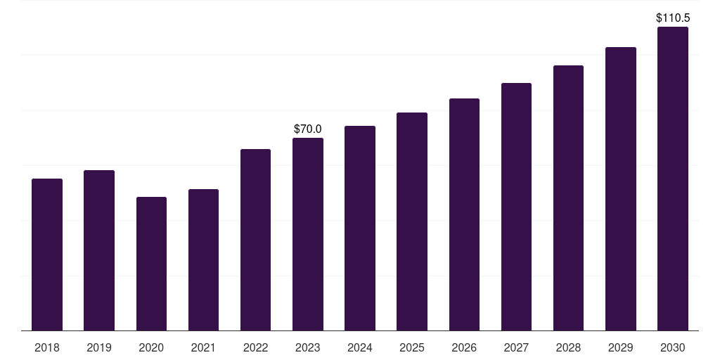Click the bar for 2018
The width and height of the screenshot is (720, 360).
tap(47, 255)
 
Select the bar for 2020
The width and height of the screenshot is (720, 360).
tap(151, 264)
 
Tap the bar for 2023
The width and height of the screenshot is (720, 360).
tap(308, 234)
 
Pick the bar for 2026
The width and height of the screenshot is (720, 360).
tap(464, 214)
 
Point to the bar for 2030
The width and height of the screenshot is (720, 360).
tap(672, 179)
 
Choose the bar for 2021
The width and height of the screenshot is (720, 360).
tap(203, 260)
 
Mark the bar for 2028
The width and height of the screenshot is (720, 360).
tap(568, 198)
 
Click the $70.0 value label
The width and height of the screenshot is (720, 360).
tap(308, 129)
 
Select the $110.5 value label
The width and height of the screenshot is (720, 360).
tap(672, 18)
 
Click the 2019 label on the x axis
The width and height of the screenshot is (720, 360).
tap(99, 347)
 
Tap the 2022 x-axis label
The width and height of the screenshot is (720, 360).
tap(255, 347)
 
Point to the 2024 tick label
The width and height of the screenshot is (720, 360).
tap(360, 347)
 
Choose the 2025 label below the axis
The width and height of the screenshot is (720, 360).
tap(412, 347)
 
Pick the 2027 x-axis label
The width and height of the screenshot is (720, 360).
tap(516, 347)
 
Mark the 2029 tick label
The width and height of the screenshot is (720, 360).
tap(620, 347)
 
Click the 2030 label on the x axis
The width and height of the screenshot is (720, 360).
tap(672, 347)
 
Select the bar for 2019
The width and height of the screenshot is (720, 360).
tap(99, 250)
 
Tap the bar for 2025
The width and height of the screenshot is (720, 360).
tap(412, 221)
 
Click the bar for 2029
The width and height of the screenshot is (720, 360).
tap(620, 188)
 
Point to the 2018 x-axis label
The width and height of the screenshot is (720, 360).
tap(47, 347)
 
